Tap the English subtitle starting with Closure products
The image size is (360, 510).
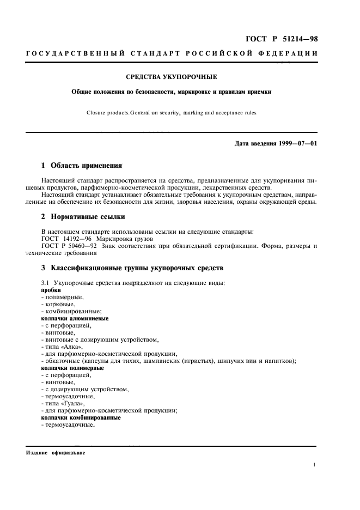coord(170,113)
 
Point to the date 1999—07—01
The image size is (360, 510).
coord(297,143)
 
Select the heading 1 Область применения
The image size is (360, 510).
coord(82,165)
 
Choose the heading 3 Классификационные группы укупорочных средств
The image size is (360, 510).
coord(132,269)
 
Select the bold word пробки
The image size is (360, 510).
coord(51,290)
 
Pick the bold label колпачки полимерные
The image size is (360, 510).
coord(72,368)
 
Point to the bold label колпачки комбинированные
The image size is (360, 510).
coord(81,418)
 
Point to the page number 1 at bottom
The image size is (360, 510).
coord(315,465)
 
